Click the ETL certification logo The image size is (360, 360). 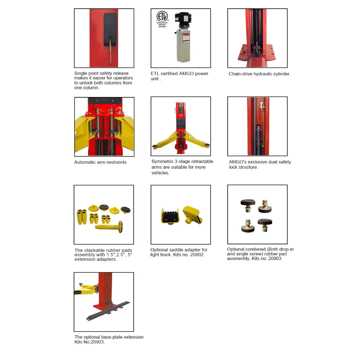[x=162, y=17]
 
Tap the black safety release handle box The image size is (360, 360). [x=110, y=30]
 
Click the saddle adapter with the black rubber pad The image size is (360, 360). [x=170, y=216]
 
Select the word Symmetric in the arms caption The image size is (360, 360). [x=163, y=162]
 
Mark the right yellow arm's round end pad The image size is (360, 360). [x=207, y=145]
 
